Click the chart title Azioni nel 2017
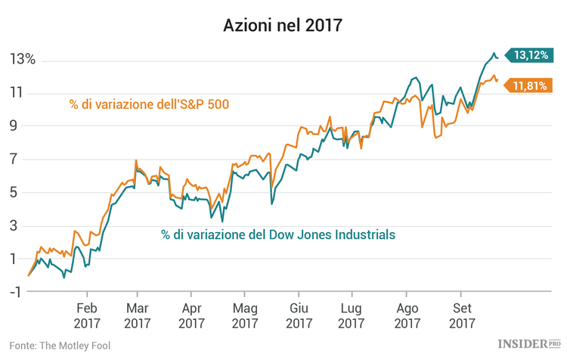[x=283, y=25]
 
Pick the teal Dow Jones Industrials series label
[x=278, y=234]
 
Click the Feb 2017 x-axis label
[x=86, y=315]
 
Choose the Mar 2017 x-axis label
[x=137, y=315]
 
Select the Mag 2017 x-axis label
[x=246, y=315]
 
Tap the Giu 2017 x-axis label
[x=299, y=315]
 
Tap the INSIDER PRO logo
[x=525, y=345]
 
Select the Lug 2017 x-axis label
[x=352, y=315]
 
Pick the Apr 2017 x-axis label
[x=192, y=315]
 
